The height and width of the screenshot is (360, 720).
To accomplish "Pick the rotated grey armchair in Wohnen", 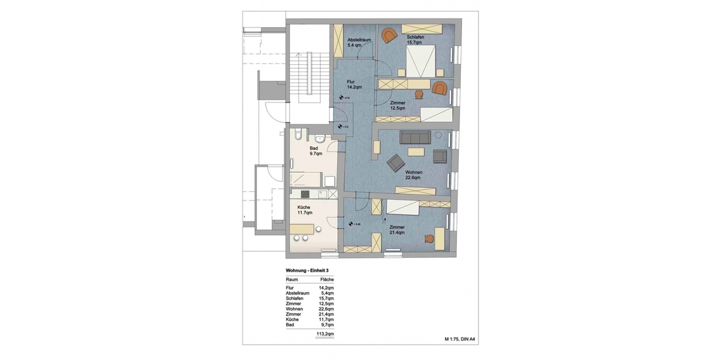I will (397, 162).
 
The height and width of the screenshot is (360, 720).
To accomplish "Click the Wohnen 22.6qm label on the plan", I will (414, 174).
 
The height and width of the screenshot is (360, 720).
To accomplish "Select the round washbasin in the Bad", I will (322, 140).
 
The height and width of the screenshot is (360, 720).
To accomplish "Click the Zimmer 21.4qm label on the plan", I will (397, 230).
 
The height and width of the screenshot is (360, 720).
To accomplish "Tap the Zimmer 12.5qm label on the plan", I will (397, 106).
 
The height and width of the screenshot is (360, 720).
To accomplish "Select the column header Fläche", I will (326, 280).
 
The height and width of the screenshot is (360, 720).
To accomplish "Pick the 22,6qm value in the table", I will (326, 308).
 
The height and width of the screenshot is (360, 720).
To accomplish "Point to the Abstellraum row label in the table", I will (297, 293).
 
